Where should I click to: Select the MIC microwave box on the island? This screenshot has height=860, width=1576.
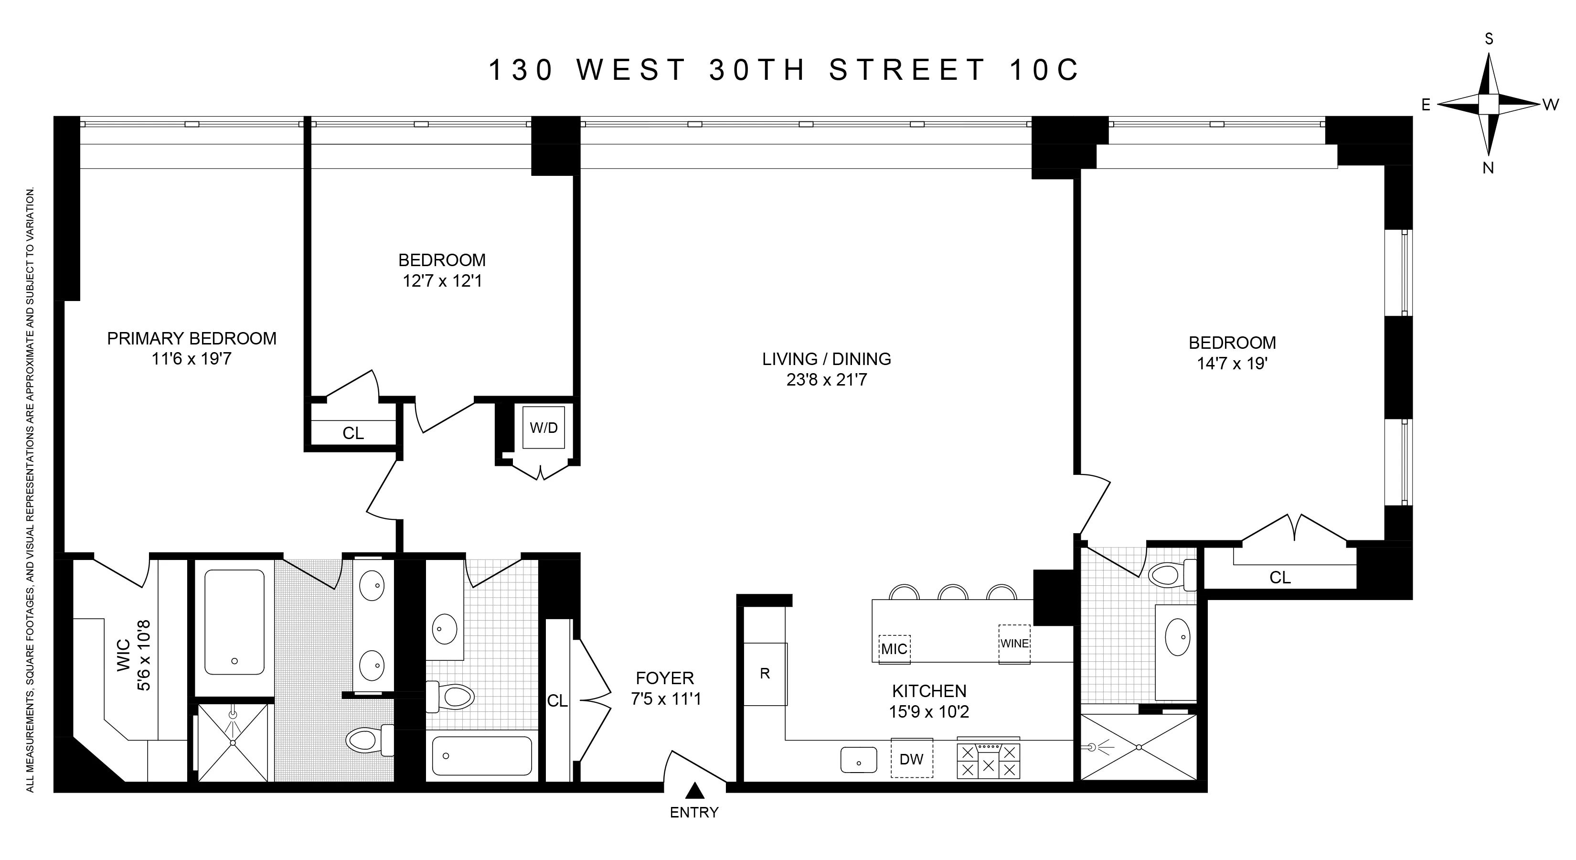click(x=894, y=649)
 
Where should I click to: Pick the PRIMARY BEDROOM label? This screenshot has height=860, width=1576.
click(x=192, y=338)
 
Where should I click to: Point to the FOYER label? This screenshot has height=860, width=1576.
click(x=665, y=678)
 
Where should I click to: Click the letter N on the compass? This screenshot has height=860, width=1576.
click(x=1488, y=168)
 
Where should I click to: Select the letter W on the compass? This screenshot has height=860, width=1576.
click(x=1550, y=105)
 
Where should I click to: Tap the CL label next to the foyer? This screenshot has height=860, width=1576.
click(x=557, y=701)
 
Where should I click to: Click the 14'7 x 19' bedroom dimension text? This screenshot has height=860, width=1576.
click(x=1232, y=364)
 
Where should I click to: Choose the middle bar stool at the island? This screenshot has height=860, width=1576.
click(x=953, y=592)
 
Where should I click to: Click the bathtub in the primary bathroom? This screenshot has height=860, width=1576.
click(x=234, y=622)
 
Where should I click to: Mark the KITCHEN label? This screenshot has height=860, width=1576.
click(x=929, y=691)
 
